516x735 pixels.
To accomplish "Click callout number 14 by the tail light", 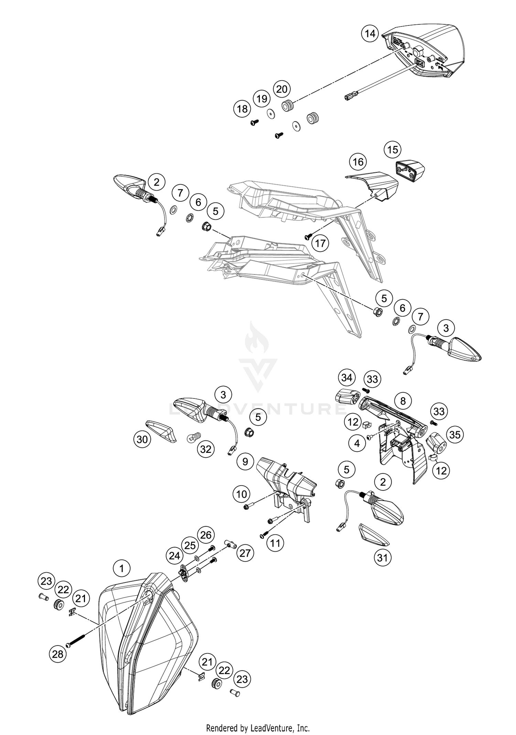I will (x=370, y=34).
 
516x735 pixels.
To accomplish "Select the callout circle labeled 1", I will (x=121, y=568).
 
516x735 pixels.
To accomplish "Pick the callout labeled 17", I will (x=320, y=243).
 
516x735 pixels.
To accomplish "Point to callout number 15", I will (x=393, y=150).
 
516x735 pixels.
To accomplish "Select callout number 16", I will (x=358, y=162).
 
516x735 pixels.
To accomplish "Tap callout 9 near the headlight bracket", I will (x=245, y=461).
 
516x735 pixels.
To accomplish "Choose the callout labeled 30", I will (x=142, y=439).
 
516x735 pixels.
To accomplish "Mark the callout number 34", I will (x=346, y=378).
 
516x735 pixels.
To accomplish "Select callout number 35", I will (x=455, y=435).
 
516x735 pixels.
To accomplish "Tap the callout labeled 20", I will (x=282, y=89).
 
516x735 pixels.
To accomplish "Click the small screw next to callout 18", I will (x=255, y=122).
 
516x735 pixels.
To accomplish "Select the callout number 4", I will (x=357, y=444).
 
